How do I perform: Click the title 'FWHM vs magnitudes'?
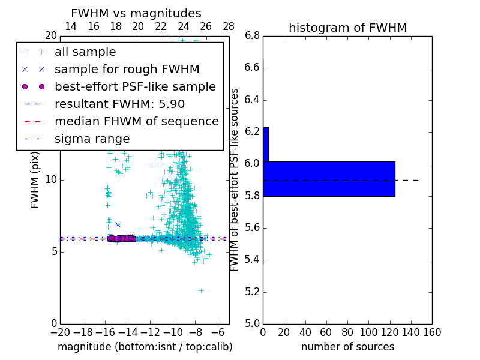pos(136,13)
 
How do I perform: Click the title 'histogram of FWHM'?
pos(347,28)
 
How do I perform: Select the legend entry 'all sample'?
pos(85,52)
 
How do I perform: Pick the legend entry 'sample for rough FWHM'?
pos(127,69)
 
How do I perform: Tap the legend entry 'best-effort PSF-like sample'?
pos(135,86)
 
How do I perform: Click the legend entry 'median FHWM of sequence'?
pos(136,121)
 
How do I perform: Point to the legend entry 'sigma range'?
pos(92,139)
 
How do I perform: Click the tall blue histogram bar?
pos(329,178)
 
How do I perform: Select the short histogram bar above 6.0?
pos(266,144)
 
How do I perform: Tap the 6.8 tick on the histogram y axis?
pos(252,35)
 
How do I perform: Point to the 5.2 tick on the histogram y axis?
pos(252,292)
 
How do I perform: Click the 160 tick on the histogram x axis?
pos(432,332)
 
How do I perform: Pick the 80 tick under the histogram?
pos(347,332)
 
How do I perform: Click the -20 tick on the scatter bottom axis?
pos(60,332)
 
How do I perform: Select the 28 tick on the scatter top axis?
pos(229,26)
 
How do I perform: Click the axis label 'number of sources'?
pos(347,347)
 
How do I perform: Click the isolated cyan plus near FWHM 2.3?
pos(201,290)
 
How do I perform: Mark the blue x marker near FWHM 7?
pos(118,224)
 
